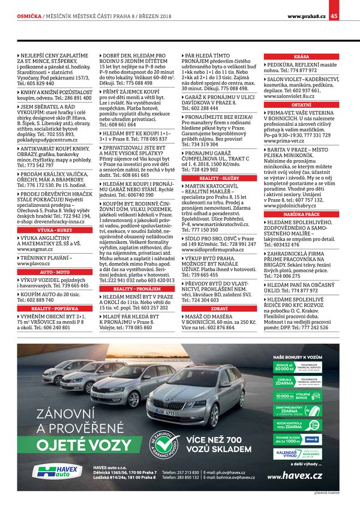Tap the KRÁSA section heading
click(302, 56)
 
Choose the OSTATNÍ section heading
click(302, 104)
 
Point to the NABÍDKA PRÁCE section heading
click(302, 213)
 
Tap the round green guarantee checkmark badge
click(164, 444)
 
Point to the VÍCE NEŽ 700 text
click(214, 439)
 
